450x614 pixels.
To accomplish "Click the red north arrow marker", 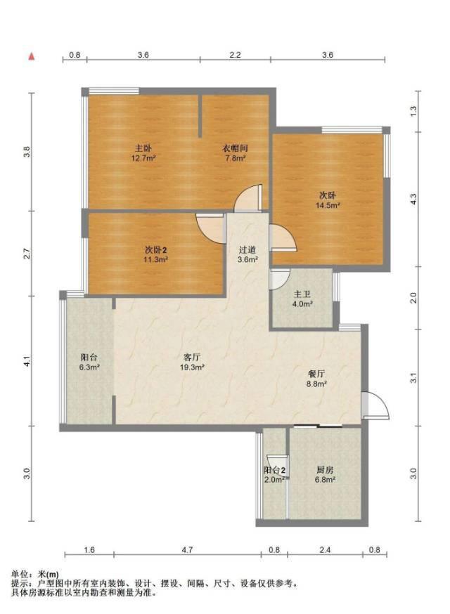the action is pos(32,56).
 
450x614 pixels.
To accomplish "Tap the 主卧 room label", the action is pos(143,148).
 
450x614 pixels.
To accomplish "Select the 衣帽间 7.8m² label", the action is pos(235,153).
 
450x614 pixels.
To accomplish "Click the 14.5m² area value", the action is pos(328,205).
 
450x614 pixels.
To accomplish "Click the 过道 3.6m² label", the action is pos(247,254).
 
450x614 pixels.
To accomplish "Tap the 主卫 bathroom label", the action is pos(302,294).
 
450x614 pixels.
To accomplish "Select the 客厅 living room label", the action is pos(192,357).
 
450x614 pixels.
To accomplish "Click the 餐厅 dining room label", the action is pos(316,374).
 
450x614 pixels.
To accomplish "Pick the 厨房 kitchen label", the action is pos(325,470).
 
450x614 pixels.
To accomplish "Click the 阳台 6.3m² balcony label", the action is pos(89,362).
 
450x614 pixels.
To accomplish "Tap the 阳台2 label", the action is pos(274,470).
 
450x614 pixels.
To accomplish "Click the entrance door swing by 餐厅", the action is pos(375,405).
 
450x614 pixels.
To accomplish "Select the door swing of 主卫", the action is pos(280,279).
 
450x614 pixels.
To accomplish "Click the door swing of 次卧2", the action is pos(212,229).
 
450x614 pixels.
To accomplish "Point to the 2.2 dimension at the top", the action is pos(235,55).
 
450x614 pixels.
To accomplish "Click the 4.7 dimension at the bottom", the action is pos(187,550).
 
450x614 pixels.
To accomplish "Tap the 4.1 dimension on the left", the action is pos(27,361).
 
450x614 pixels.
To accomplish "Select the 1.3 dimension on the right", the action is pos(413,111).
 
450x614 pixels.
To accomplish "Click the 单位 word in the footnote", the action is pos(19,574).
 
